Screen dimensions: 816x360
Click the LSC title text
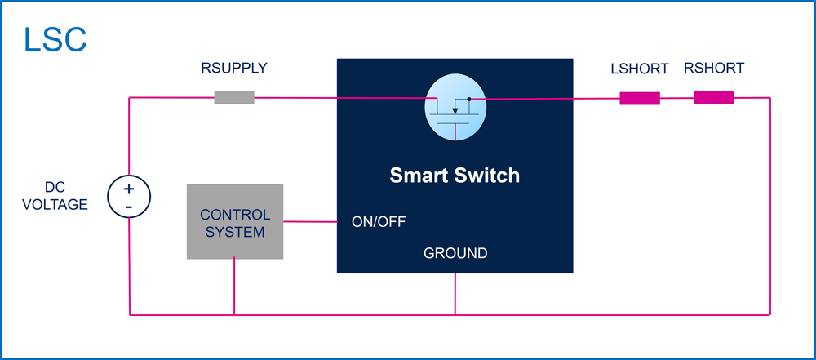pyautogui.click(x=55, y=40)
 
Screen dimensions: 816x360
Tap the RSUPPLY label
pyautogui.click(x=234, y=69)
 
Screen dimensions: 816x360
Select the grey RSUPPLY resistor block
pyautogui.click(x=234, y=97)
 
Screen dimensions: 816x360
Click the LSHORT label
pyautogui.click(x=640, y=69)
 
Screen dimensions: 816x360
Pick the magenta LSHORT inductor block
pyautogui.click(x=640, y=98)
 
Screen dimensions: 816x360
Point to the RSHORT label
pyautogui.click(x=714, y=69)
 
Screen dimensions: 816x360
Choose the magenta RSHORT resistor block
pyautogui.click(x=714, y=97)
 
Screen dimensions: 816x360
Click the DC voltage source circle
pyautogui.click(x=129, y=197)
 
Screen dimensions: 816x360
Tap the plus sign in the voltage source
pyautogui.click(x=129, y=189)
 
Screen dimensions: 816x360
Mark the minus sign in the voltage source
pyautogui.click(x=129, y=207)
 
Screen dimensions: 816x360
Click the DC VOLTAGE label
pyautogui.click(x=55, y=197)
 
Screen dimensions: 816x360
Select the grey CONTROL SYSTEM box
pyautogui.click(x=235, y=221)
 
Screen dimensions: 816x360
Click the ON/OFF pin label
pyautogui.click(x=379, y=222)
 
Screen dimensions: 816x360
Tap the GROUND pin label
pyautogui.click(x=455, y=253)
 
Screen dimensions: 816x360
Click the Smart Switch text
pyautogui.click(x=455, y=176)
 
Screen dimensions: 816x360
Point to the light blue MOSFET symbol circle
pyautogui.click(x=455, y=109)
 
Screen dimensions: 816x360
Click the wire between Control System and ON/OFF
pyautogui.click(x=310, y=222)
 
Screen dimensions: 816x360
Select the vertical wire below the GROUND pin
pyautogui.click(x=455, y=294)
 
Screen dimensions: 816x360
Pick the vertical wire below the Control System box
pyautogui.click(x=234, y=287)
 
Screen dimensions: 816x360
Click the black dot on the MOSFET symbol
pyautogui.click(x=469, y=99)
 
